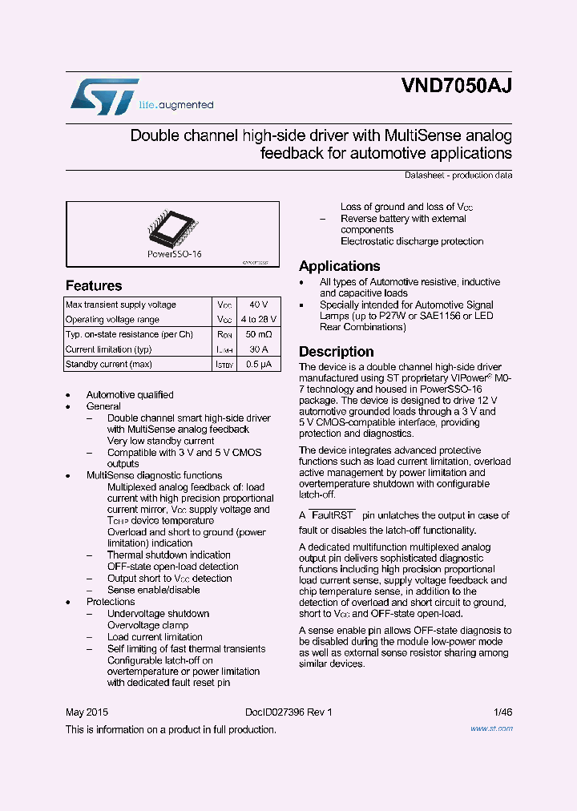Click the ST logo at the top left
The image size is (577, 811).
[104, 96]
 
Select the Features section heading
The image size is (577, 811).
[94, 286]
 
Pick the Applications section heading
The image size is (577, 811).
[340, 266]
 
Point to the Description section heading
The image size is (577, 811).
[337, 352]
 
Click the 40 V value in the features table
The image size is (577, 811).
[259, 305]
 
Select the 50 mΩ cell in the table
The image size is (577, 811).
[259, 334]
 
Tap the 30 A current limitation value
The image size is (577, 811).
[259, 349]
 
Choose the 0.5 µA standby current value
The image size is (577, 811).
[259, 365]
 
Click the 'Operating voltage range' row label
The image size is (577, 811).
[112, 320]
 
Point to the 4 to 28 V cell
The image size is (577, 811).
[259, 320]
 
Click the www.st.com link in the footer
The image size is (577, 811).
[491, 728]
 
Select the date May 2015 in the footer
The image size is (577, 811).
[87, 712]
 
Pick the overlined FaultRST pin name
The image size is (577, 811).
[331, 515]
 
